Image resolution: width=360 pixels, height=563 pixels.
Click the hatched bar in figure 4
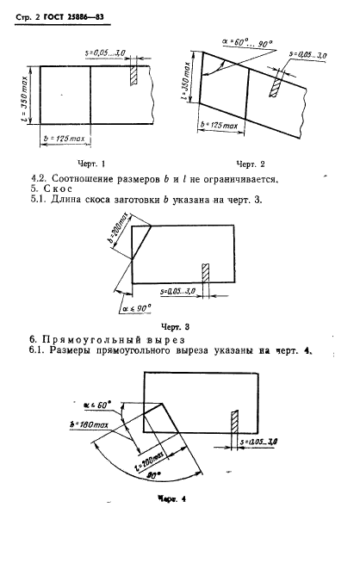(234, 424)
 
